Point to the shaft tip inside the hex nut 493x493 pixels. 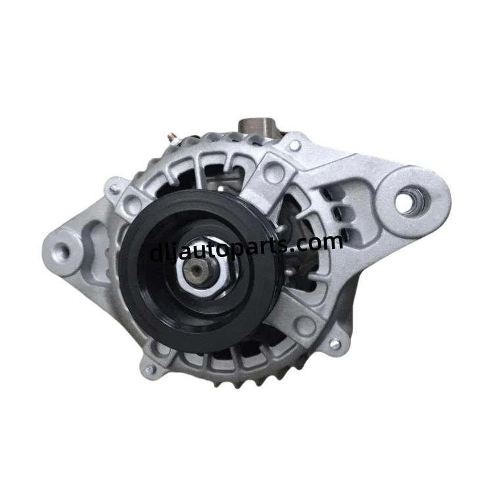click(197, 270)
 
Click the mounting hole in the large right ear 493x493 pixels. click(411, 200)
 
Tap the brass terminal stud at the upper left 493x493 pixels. click(172, 137)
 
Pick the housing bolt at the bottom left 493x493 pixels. click(150, 369)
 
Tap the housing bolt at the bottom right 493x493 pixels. click(335, 343)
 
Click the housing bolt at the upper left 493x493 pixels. click(114, 189)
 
